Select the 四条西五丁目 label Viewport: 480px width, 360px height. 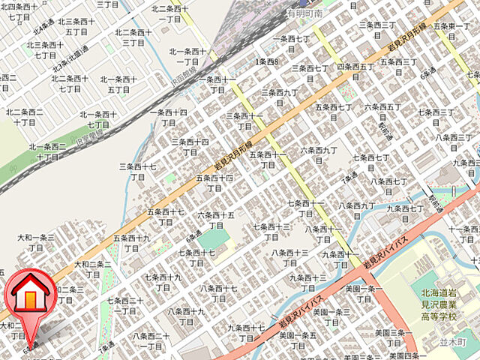(355, 70)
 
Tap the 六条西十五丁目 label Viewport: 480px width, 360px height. (216, 220)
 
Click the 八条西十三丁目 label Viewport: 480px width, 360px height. (290, 257)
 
